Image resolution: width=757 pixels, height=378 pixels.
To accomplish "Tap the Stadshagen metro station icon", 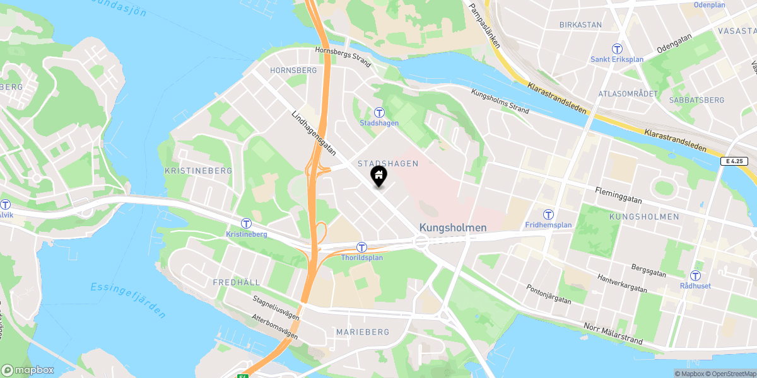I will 379,113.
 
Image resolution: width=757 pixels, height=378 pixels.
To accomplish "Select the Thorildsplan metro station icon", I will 361,248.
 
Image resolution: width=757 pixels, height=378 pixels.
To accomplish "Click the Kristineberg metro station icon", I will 246,224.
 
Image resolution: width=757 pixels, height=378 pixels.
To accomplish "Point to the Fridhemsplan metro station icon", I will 549,215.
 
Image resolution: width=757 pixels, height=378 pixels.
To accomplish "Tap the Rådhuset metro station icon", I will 695,276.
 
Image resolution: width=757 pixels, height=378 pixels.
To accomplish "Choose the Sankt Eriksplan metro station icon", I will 617,49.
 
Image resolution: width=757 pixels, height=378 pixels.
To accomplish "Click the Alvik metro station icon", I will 6,205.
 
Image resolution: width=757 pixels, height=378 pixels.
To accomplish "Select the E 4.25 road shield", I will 737,162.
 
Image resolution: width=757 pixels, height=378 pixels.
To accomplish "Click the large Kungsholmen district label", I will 453,227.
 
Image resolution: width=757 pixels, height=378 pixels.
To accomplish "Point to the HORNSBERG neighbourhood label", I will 293,71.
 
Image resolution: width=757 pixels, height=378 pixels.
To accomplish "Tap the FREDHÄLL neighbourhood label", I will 237,282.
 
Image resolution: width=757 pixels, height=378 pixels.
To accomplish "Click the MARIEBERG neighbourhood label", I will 363,331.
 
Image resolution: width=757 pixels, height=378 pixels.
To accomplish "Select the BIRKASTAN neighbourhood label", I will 580,25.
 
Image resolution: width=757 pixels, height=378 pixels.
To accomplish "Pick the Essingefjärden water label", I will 128,292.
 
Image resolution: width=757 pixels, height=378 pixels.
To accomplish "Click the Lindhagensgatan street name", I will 314,134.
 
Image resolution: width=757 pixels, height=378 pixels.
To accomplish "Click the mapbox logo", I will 28,370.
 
